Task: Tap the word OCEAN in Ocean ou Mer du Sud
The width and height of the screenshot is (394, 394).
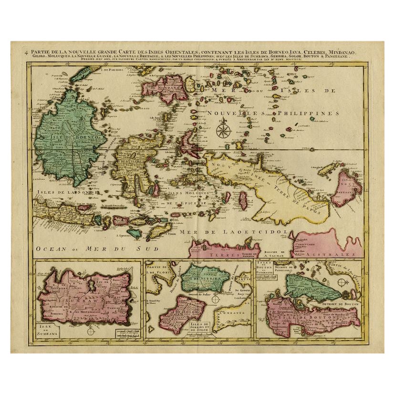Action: pos(48,248)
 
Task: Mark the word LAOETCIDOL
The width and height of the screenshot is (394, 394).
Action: pos(263,232)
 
